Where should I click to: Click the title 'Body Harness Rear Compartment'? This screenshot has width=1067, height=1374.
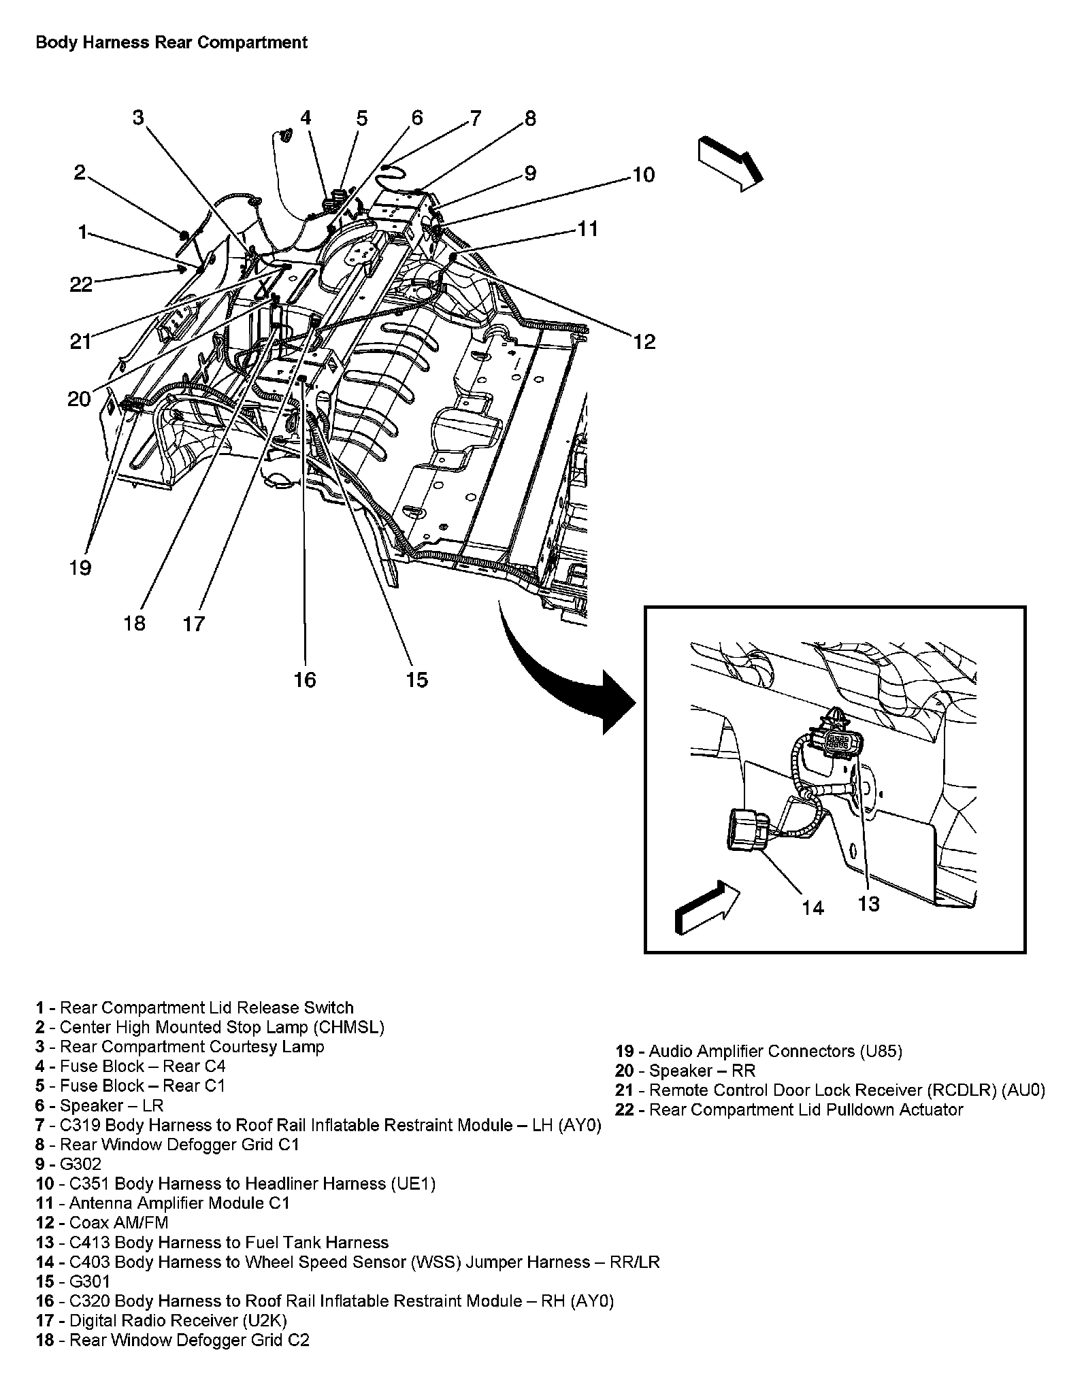(171, 43)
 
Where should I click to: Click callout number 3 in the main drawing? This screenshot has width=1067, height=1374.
(139, 118)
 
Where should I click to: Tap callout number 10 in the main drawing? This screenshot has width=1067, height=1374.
(642, 175)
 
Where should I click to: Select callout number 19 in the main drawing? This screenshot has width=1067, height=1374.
(80, 567)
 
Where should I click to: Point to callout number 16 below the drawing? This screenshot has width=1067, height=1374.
(305, 679)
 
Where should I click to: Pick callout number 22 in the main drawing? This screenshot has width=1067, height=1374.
(81, 284)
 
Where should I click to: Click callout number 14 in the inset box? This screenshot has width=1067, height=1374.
(812, 907)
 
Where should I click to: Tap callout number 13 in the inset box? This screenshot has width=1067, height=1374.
(869, 903)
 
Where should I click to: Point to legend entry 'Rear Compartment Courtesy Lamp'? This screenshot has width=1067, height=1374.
(180, 1046)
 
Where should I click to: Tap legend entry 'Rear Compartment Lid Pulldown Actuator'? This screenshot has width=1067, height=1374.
(789, 1109)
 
